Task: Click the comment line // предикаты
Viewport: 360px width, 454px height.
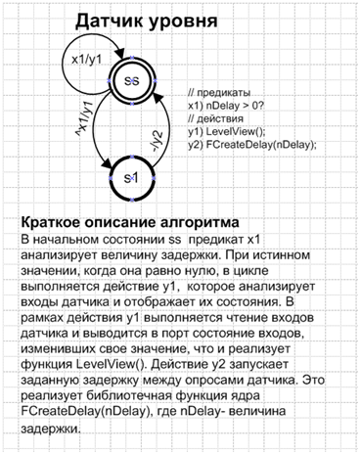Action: [x=218, y=93]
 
